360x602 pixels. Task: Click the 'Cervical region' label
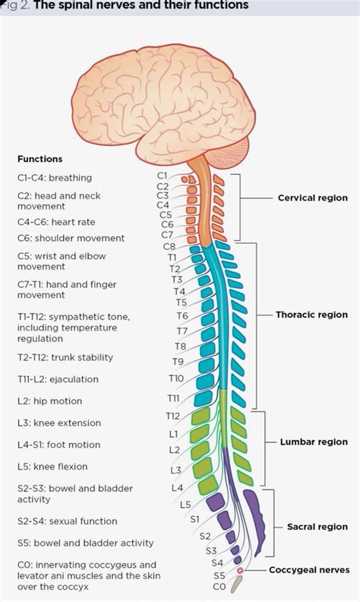(312, 198)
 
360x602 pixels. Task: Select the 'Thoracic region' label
(312, 315)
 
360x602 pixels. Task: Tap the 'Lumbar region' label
(314, 442)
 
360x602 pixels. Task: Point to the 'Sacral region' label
(317, 527)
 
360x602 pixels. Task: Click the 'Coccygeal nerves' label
(309, 569)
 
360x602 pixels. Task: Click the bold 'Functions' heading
(39, 159)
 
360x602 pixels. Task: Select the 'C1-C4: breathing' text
(54, 178)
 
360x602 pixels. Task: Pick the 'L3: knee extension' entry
(59, 423)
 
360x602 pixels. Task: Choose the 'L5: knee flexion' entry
(52, 467)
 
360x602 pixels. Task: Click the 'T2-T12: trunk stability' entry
(65, 357)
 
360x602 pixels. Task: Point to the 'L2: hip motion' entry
(49, 401)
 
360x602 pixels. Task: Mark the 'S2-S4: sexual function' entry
(67, 521)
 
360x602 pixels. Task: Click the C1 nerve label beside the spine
(163, 176)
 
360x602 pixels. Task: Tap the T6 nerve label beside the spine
(182, 315)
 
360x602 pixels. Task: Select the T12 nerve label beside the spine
(173, 416)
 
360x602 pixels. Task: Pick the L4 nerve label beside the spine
(177, 487)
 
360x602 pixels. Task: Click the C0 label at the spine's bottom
(219, 587)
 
